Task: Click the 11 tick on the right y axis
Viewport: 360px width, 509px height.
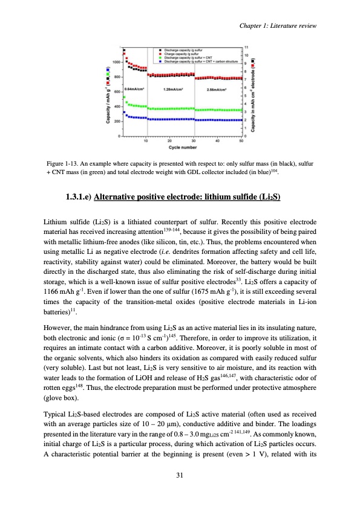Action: tap(246, 47)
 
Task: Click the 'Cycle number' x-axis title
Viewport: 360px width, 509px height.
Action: tap(182, 147)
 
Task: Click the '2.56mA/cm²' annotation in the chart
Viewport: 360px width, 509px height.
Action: tap(216, 89)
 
